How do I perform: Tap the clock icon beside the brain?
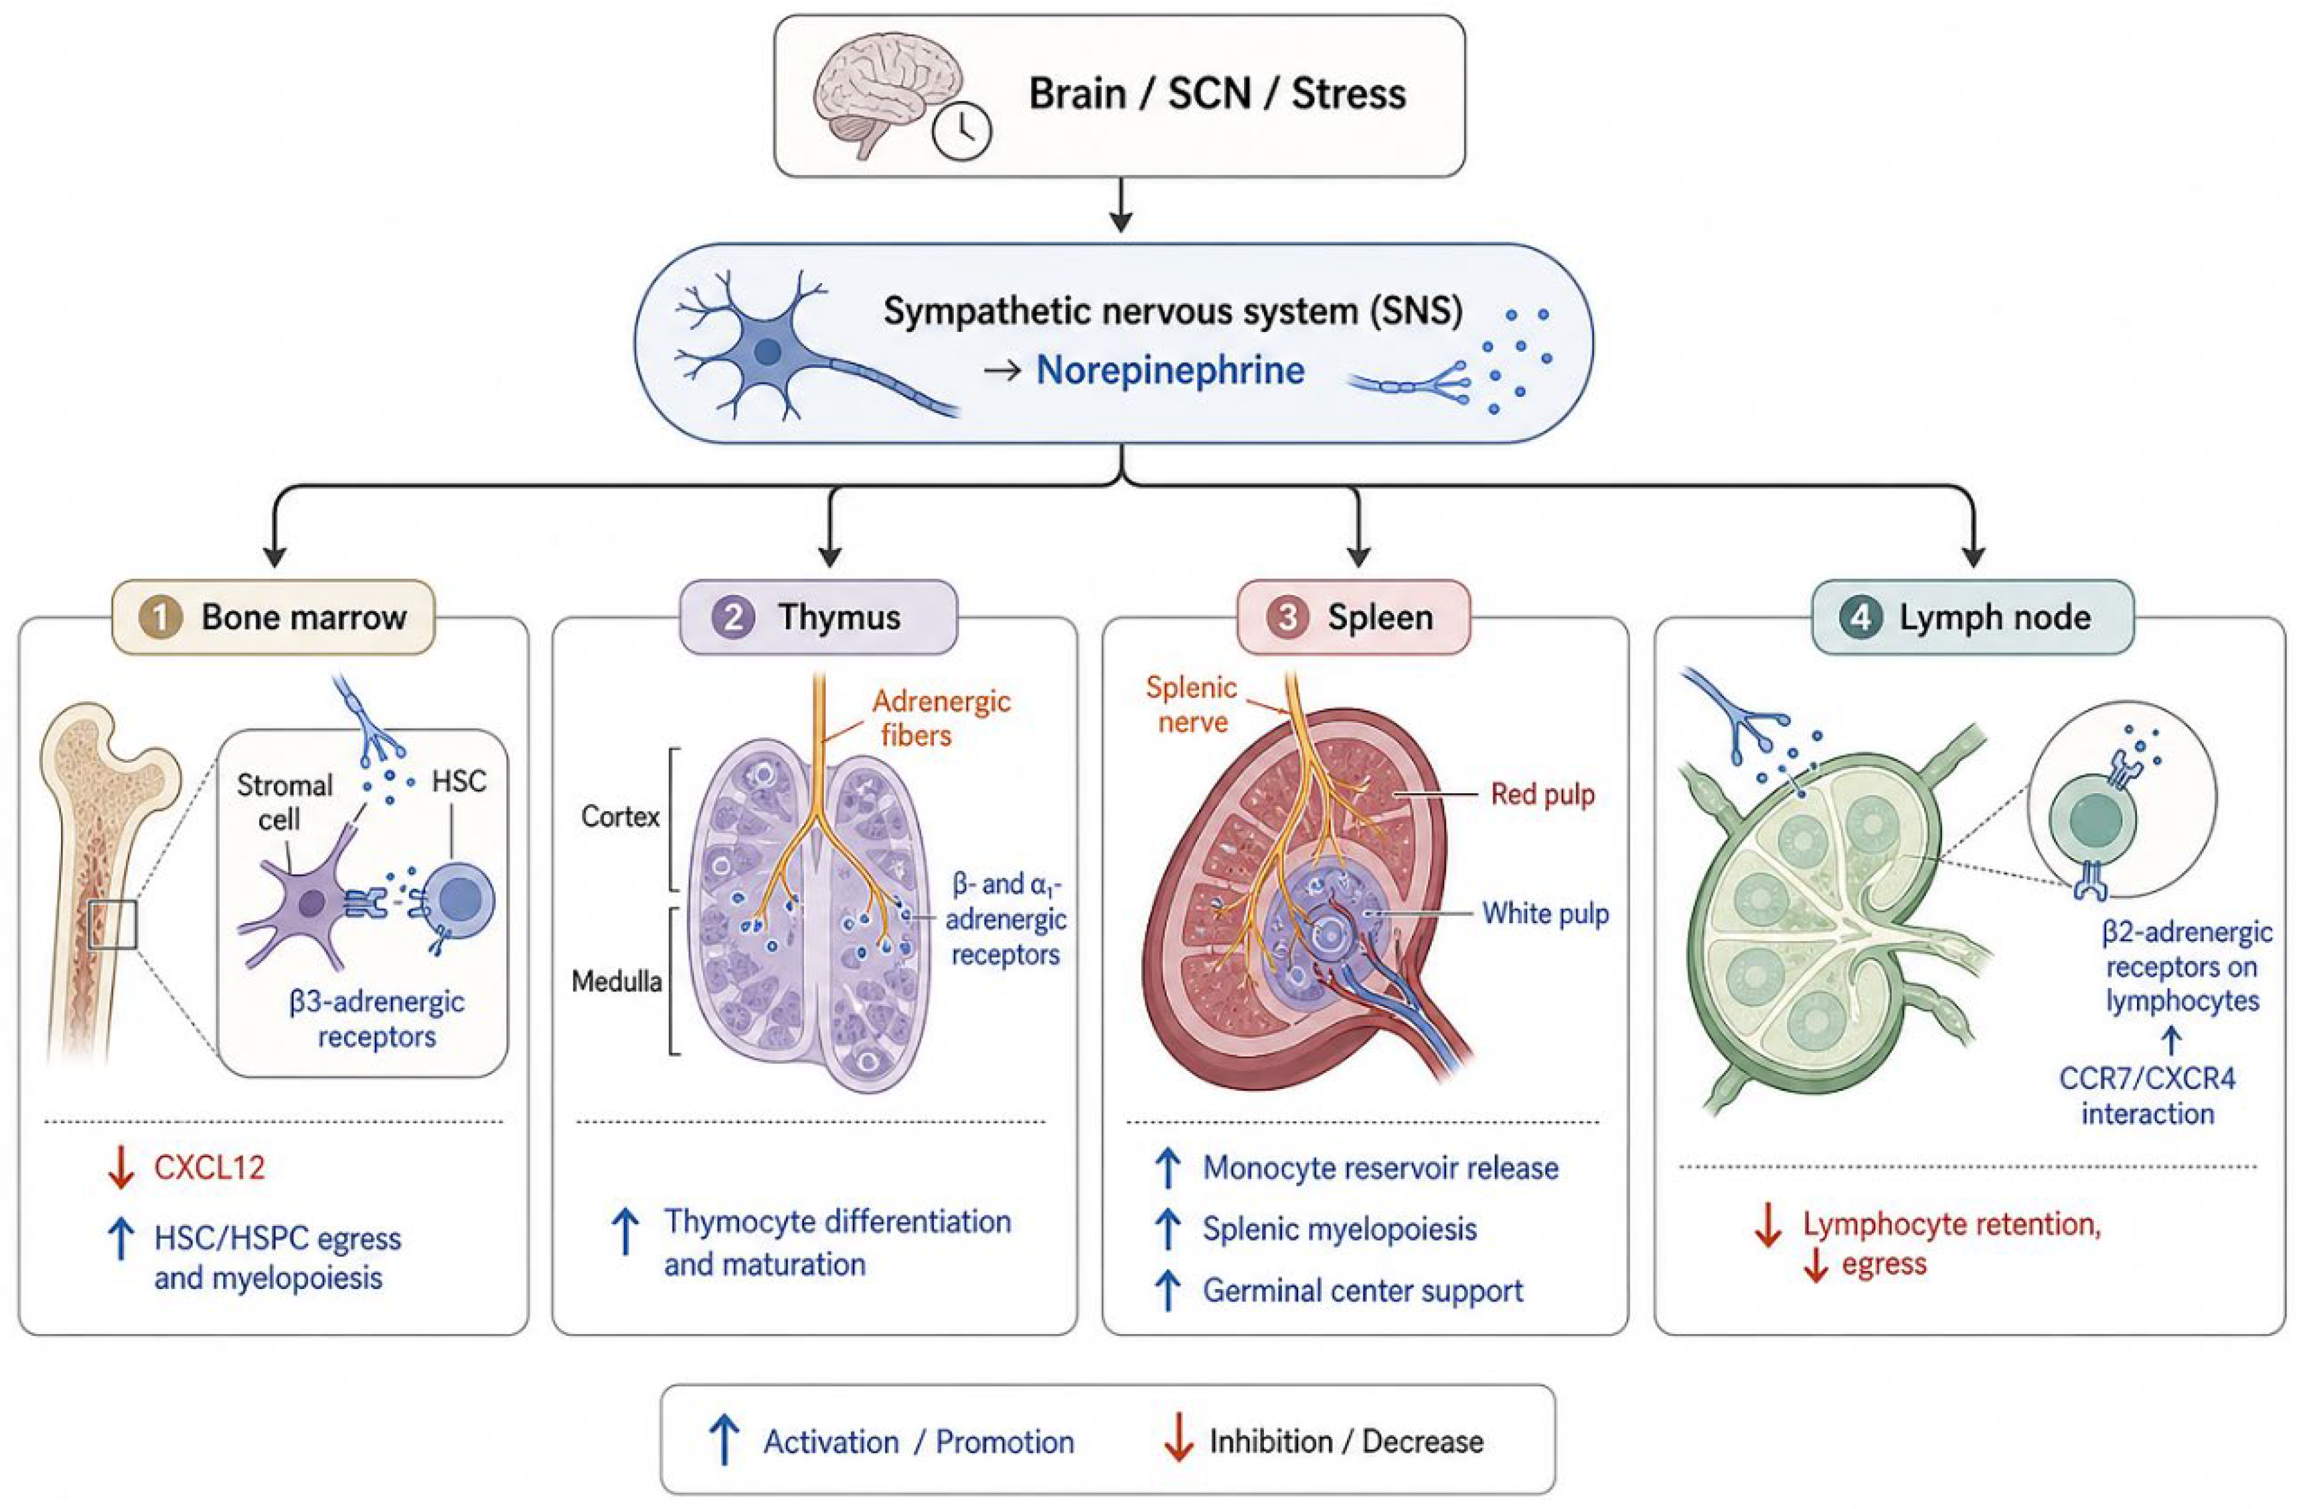(x=962, y=133)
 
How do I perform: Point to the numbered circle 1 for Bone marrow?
(x=160, y=618)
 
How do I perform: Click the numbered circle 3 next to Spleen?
(x=1287, y=618)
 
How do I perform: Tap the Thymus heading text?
(x=840, y=618)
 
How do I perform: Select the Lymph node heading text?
(x=1994, y=618)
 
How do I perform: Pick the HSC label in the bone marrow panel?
(x=459, y=781)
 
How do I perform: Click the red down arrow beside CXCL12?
(x=121, y=1168)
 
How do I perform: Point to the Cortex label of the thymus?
(x=620, y=817)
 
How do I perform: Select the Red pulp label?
(x=1542, y=795)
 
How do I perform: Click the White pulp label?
(x=1546, y=914)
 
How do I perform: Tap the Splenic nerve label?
(x=1192, y=704)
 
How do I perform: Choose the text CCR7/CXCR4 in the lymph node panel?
(x=2148, y=1079)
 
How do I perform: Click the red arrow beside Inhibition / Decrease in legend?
(x=1178, y=1441)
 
